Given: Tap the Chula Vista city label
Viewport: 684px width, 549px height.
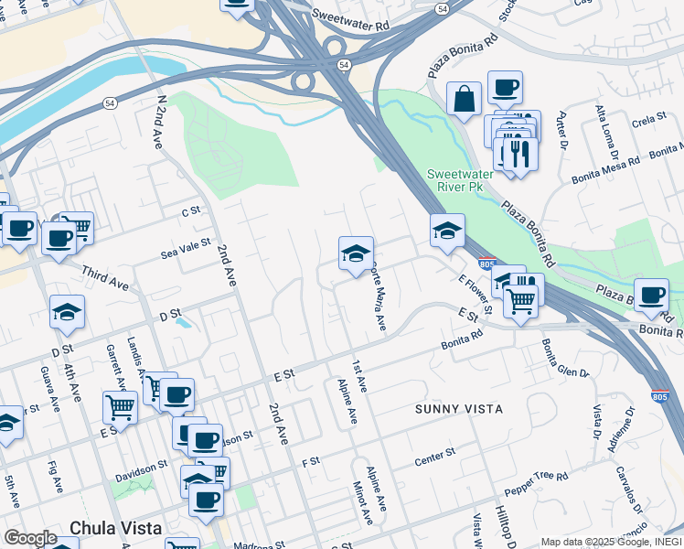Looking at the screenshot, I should pyautogui.click(x=116, y=528).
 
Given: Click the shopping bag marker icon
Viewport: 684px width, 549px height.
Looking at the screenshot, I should pyautogui.click(x=464, y=98).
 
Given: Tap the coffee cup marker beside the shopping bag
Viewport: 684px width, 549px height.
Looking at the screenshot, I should pyautogui.click(x=505, y=88).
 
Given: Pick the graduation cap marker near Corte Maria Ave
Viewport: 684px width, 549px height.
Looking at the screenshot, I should pyautogui.click(x=356, y=252).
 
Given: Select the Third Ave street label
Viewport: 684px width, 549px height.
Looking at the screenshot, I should pyautogui.click(x=105, y=278).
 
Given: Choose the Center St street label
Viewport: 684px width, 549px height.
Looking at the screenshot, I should pyautogui.click(x=435, y=454).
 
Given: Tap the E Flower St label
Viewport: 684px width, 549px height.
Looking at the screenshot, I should pyautogui.click(x=475, y=296).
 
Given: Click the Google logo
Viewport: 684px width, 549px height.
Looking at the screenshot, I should pyautogui.click(x=29, y=538).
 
